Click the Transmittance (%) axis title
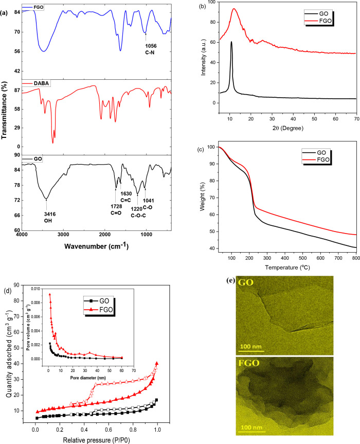(5, 118)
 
